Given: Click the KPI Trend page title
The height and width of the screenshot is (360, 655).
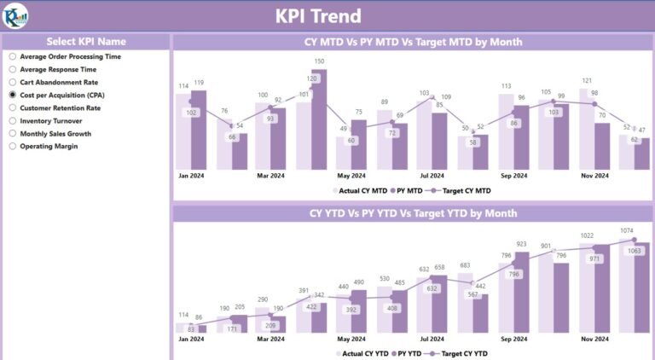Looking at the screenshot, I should point(318,16).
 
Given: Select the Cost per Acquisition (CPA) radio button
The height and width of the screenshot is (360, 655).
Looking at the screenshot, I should point(13,95).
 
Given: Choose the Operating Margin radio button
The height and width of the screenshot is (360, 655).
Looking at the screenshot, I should point(13,146).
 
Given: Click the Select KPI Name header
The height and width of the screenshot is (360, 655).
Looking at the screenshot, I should point(85,41).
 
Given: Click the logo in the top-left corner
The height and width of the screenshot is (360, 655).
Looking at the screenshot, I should point(15,15).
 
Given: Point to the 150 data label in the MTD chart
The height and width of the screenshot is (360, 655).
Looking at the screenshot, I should point(319,61).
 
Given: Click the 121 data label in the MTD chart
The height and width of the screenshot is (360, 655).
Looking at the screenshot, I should point(587,80).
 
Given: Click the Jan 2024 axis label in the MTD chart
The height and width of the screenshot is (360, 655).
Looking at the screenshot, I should point(190,176).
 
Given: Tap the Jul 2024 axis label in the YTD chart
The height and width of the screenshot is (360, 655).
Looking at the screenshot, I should point(432,339).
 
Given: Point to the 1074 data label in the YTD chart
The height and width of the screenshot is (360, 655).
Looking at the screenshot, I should point(628,230).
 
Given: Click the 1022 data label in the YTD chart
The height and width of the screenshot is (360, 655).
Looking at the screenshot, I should point(587,235).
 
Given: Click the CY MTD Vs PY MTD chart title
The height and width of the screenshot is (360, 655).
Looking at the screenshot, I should point(413,41).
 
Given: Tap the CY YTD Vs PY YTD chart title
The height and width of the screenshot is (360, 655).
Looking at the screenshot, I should point(413,212).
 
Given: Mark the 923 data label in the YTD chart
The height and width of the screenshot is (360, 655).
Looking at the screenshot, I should point(521,244).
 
